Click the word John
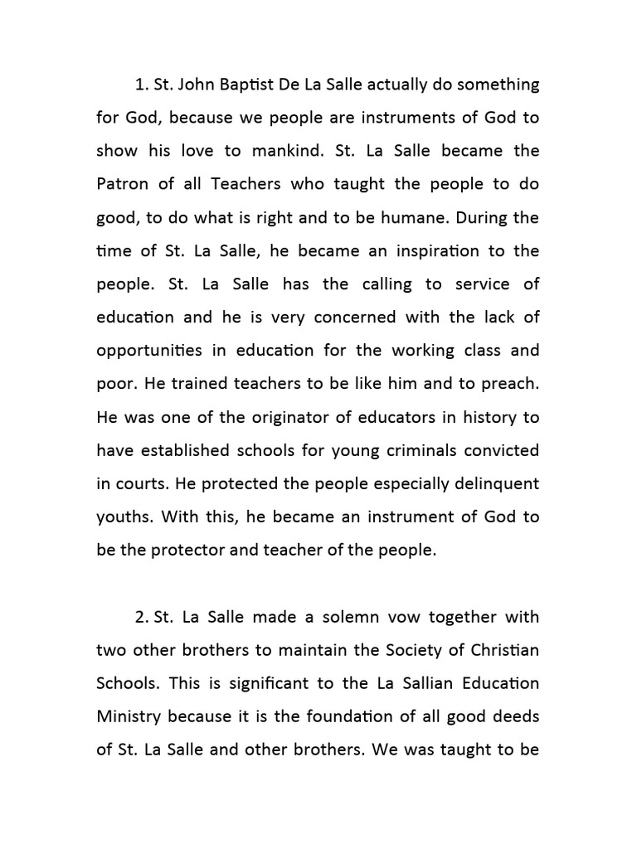coord(199,85)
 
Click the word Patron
coord(122,184)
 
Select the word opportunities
coord(148,351)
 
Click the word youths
coord(123,517)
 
